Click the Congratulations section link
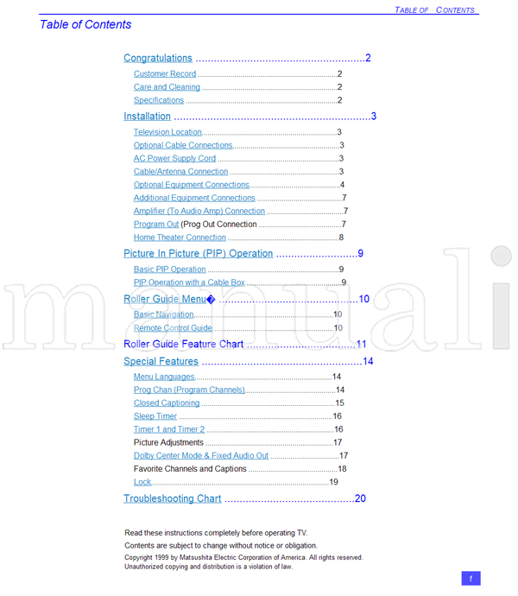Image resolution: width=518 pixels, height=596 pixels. tap(158, 59)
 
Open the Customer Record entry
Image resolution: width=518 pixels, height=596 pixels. tap(165, 74)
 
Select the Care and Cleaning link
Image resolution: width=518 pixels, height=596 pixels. tap(167, 87)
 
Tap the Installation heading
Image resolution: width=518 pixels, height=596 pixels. tap(147, 117)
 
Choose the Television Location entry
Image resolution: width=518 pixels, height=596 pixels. tap(167, 132)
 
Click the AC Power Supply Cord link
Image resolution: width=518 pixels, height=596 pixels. tap(174, 159)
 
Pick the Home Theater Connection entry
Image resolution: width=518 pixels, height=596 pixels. tap(180, 238)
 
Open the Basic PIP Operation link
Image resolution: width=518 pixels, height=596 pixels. tap(169, 269)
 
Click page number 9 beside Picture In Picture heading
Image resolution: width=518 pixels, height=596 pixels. tap(361, 254)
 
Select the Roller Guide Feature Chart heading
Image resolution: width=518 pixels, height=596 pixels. tap(184, 344)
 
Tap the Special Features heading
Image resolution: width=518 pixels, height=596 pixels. tap(161, 362)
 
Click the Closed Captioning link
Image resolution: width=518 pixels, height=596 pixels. tap(167, 403)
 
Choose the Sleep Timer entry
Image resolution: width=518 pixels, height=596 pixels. tap(155, 416)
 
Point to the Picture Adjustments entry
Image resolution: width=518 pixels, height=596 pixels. tap(168, 443)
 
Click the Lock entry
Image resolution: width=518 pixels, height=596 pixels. tap(142, 482)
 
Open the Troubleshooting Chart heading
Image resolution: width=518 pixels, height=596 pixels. tap(172, 499)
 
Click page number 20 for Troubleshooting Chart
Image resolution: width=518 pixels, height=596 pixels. tap(360, 498)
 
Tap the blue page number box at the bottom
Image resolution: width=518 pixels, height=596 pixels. tap(471, 579)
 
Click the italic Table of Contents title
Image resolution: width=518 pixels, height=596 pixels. tap(85, 25)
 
